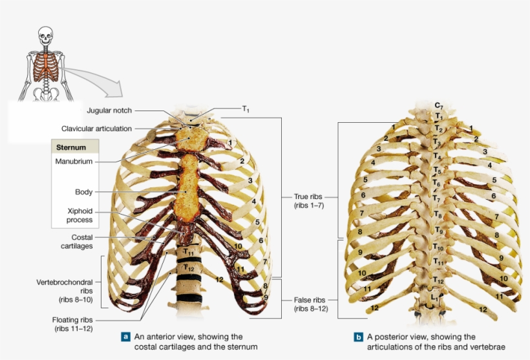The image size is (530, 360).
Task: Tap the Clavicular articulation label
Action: pos(96,129)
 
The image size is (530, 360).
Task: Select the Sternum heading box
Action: pos(74,147)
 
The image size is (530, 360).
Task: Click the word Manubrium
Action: pos(74,161)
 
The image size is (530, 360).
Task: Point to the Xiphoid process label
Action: pos(79,215)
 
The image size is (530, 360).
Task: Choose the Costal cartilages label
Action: pos(77,242)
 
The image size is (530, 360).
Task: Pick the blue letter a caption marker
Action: pos(126,337)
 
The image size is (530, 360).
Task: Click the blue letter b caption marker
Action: pos(358,337)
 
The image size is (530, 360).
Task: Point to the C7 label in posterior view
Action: pos(438,105)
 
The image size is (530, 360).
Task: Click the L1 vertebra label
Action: pos(436,298)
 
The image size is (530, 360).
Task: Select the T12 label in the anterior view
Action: pos(188,266)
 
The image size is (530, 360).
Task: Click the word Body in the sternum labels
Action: pos(83,192)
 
